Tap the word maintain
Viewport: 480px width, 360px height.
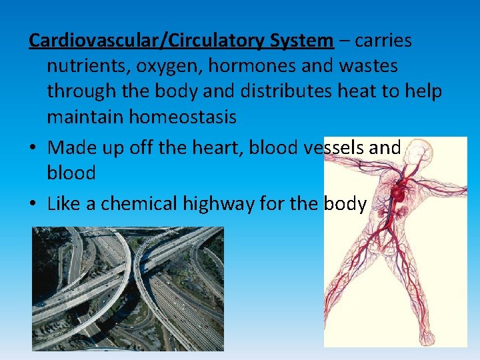(85, 117)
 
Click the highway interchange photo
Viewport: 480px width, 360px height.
(128, 288)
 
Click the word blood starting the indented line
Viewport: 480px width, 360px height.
(71, 173)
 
